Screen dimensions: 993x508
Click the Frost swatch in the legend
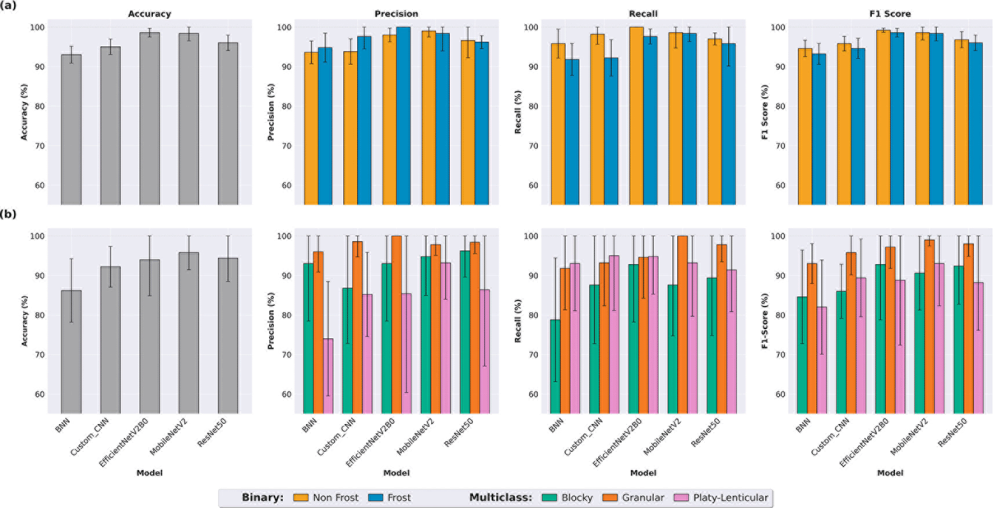tap(376, 498)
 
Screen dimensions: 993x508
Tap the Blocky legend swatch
tap(550, 498)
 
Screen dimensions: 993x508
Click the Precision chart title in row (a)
tap(397, 14)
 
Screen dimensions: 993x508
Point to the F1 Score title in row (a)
tap(890, 14)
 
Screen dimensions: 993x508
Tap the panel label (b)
tap(8, 214)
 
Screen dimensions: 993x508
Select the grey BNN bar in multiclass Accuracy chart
tap(71, 352)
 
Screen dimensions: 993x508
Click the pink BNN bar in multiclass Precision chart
tap(328, 376)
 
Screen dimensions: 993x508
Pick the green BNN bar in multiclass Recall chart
tap(555, 367)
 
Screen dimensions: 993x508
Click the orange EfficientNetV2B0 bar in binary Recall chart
tap(636, 116)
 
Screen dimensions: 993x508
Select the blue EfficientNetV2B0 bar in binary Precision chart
tap(403, 116)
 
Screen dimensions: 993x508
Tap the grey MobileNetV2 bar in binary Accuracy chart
tap(189, 119)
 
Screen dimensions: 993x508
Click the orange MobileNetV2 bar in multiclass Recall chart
tap(682, 324)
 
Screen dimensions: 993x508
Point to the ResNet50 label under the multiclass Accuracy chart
tap(212, 432)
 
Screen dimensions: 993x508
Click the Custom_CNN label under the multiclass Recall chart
tap(583, 437)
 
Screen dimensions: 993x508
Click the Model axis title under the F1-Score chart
tap(890, 473)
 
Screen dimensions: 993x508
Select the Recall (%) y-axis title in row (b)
tap(518, 321)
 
